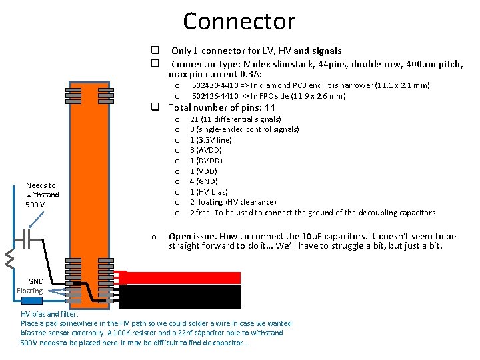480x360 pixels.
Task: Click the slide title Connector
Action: tap(239, 21)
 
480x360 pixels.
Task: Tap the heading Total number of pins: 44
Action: tap(222, 107)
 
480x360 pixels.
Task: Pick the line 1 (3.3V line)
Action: tap(211, 140)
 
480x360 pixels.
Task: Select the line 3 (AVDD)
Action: tap(207, 150)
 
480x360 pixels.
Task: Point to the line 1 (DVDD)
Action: tap(207, 161)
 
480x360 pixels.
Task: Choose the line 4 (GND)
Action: tap(205, 181)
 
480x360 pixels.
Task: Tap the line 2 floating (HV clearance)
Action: tap(233, 202)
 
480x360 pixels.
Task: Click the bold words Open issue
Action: tap(192, 237)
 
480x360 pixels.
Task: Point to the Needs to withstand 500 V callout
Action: tap(42, 195)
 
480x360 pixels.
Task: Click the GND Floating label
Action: tap(30, 286)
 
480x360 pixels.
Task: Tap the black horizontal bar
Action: tap(183, 296)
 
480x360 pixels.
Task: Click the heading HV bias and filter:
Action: tap(49, 314)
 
